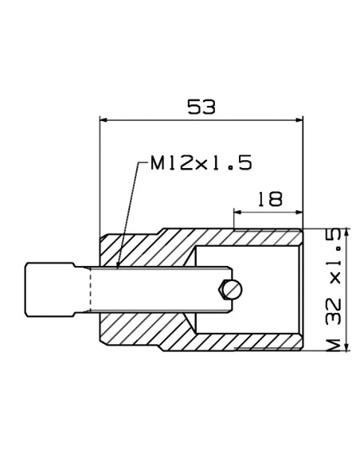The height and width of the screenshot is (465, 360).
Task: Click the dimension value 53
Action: pyautogui.click(x=202, y=107)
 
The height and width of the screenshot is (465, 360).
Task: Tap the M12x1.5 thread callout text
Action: pyautogui.click(x=202, y=162)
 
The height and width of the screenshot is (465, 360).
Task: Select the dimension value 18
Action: pyautogui.click(x=270, y=199)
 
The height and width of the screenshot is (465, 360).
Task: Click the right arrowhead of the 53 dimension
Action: pyautogui.click(x=299, y=120)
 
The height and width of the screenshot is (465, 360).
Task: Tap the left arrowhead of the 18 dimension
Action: pyautogui.click(x=237, y=212)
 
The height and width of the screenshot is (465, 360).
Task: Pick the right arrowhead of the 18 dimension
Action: pyautogui.click(x=299, y=212)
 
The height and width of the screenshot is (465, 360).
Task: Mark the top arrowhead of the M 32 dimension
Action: pyautogui.click(x=347, y=232)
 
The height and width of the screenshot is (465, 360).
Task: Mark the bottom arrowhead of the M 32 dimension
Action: pyautogui.click(x=347, y=347)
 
